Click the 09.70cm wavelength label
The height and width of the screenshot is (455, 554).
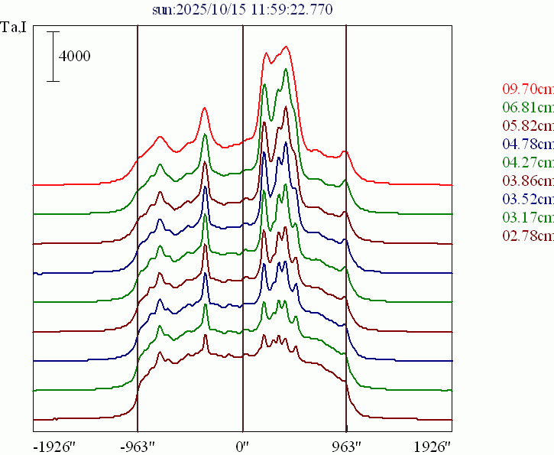tap(528, 88)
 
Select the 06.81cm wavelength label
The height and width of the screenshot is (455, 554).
tap(528, 106)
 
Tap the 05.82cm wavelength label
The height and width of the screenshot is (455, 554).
tap(528, 125)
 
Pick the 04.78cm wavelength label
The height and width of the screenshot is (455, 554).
tap(528, 143)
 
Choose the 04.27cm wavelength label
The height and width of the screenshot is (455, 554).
tap(528, 162)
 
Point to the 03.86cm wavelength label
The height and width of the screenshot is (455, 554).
tap(528, 180)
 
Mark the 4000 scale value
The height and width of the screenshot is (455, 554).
tap(75, 57)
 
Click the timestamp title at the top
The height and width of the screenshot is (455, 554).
tap(242, 8)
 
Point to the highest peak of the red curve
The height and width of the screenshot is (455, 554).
tap(286, 47)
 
